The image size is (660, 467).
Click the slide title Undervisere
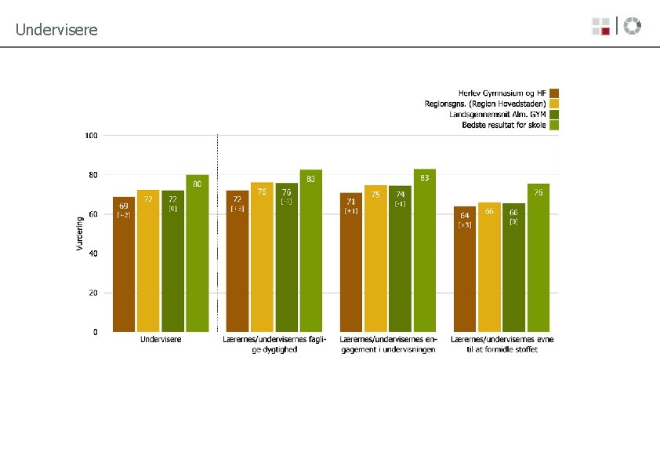[x=56, y=30]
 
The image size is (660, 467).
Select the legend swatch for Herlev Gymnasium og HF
[x=554, y=93]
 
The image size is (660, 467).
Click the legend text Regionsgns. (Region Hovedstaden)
[x=485, y=103]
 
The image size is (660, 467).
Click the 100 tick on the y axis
[x=91, y=136]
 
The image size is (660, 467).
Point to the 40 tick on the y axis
[x=93, y=254]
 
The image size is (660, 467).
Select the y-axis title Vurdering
[x=78, y=233]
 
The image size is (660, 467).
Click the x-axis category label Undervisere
[x=161, y=339]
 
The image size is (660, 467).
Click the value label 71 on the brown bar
[x=351, y=202]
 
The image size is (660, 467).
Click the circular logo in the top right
[x=633, y=26]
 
